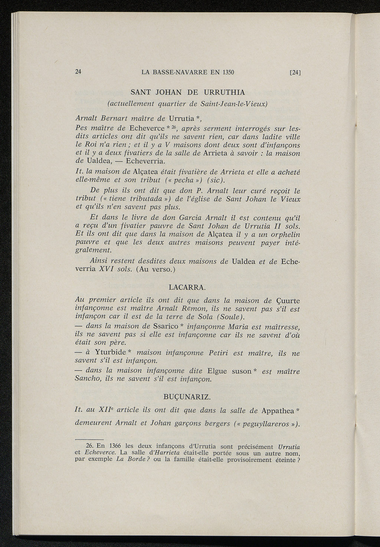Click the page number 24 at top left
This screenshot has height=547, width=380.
point(78,72)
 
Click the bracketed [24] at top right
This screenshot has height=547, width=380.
point(295,73)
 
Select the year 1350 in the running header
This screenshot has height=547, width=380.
point(228,72)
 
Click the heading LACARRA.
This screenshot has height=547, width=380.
point(187,287)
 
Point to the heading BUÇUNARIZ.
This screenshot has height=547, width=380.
point(187,397)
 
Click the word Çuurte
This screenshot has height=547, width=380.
point(288,300)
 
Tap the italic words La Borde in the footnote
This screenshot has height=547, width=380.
point(127,459)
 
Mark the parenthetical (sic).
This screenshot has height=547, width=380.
point(216,180)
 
